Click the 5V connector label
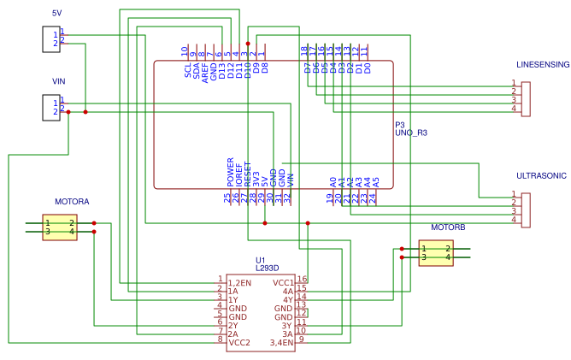click(x=57, y=14)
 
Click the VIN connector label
click(x=59, y=81)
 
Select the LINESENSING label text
click(x=542, y=65)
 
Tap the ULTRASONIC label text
click(x=541, y=175)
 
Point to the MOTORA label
click(x=72, y=202)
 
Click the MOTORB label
click(x=448, y=228)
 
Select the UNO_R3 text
click(x=410, y=133)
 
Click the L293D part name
click(x=267, y=269)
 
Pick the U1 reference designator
click(x=261, y=260)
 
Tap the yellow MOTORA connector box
click(x=60, y=227)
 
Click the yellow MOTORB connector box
click(x=436, y=253)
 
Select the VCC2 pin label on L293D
click(x=239, y=343)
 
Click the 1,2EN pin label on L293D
click(x=239, y=283)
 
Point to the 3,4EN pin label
click(x=281, y=343)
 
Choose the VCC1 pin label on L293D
click(x=283, y=283)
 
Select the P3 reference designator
click(x=399, y=125)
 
